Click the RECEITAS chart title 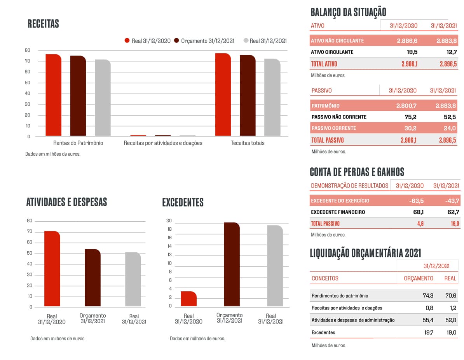click(x=43, y=24)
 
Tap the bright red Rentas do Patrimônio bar click(x=53, y=95)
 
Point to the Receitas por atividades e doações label click(x=163, y=143)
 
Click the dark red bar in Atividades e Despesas click(x=92, y=278)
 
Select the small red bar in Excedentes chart click(x=188, y=299)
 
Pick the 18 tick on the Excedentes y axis click(x=169, y=229)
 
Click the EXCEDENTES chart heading click(x=183, y=202)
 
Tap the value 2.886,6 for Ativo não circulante click(x=407, y=41)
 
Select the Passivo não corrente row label click(x=339, y=117)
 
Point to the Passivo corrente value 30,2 click(x=409, y=128)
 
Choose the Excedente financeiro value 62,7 click(x=453, y=212)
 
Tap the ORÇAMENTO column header click(x=419, y=278)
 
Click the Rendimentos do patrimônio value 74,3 click(x=428, y=296)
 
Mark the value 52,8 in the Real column click(x=451, y=320)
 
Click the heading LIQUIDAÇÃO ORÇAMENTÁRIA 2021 click(x=365, y=253)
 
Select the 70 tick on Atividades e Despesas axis click(x=30, y=232)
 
